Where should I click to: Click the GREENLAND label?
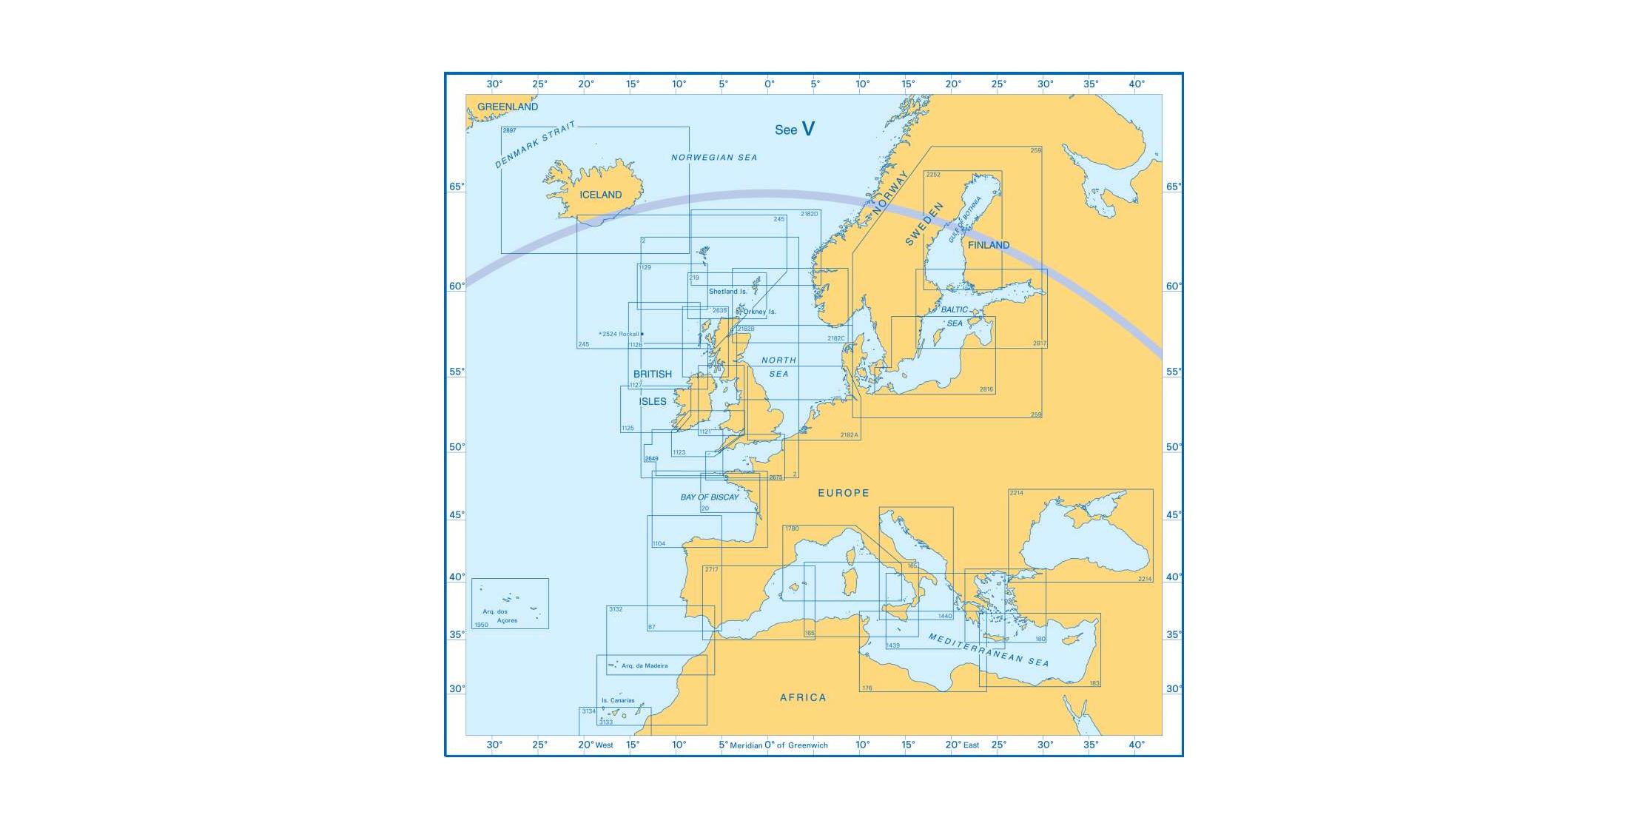pyautogui.click(x=507, y=107)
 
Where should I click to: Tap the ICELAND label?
pyautogui.click(x=600, y=195)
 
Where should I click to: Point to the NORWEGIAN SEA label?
pyautogui.click(x=714, y=158)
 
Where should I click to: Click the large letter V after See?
pyautogui.click(x=808, y=129)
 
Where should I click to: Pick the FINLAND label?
pyautogui.click(x=988, y=245)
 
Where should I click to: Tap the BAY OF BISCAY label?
pyautogui.click(x=710, y=497)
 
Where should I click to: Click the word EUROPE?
pyautogui.click(x=843, y=493)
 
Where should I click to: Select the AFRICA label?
pyautogui.click(x=803, y=697)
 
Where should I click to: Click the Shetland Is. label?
pyautogui.click(x=727, y=292)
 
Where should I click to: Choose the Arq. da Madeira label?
pyautogui.click(x=644, y=666)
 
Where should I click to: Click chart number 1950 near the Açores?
pyautogui.click(x=481, y=625)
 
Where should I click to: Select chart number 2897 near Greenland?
pyautogui.click(x=509, y=130)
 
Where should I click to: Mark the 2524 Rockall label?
pyautogui.click(x=619, y=334)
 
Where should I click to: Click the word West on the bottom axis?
pyautogui.click(x=604, y=745)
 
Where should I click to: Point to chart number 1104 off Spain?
pyautogui.click(x=659, y=544)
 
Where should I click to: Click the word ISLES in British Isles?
pyautogui.click(x=652, y=401)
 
